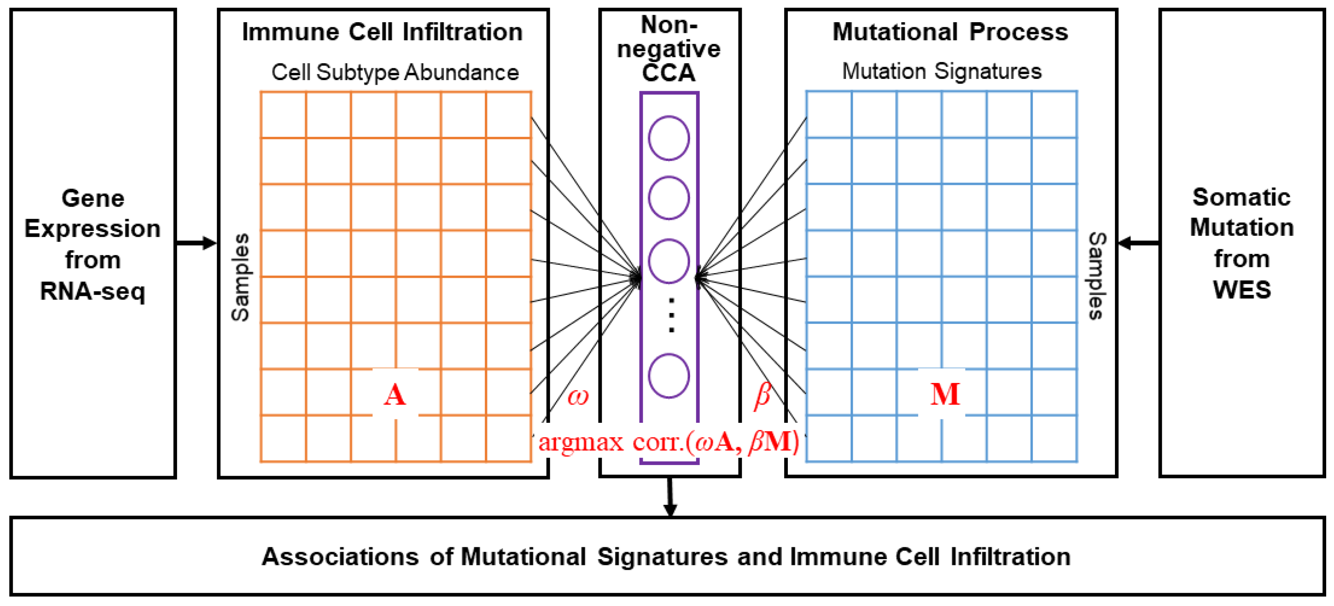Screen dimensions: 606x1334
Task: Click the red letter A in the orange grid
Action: click(395, 395)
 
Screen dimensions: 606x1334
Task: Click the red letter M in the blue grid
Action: click(945, 394)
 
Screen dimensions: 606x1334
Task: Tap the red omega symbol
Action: click(578, 397)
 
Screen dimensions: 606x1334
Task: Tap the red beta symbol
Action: click(762, 396)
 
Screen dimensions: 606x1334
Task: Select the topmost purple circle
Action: click(669, 138)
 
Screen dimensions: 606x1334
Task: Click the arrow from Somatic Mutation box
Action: click(1138, 243)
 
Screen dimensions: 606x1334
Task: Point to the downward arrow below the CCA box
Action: click(670, 497)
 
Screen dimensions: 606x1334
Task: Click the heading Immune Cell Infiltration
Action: click(382, 32)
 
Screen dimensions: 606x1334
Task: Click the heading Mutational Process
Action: click(950, 32)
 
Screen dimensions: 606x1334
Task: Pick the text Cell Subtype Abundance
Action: click(395, 72)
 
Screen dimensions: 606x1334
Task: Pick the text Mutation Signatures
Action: click(942, 71)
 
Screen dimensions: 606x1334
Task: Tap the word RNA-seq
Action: click(93, 291)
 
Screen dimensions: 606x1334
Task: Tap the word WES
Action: click(1242, 290)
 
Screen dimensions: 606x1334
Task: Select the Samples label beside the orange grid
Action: click(240, 277)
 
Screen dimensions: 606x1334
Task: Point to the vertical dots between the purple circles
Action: click(672, 315)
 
